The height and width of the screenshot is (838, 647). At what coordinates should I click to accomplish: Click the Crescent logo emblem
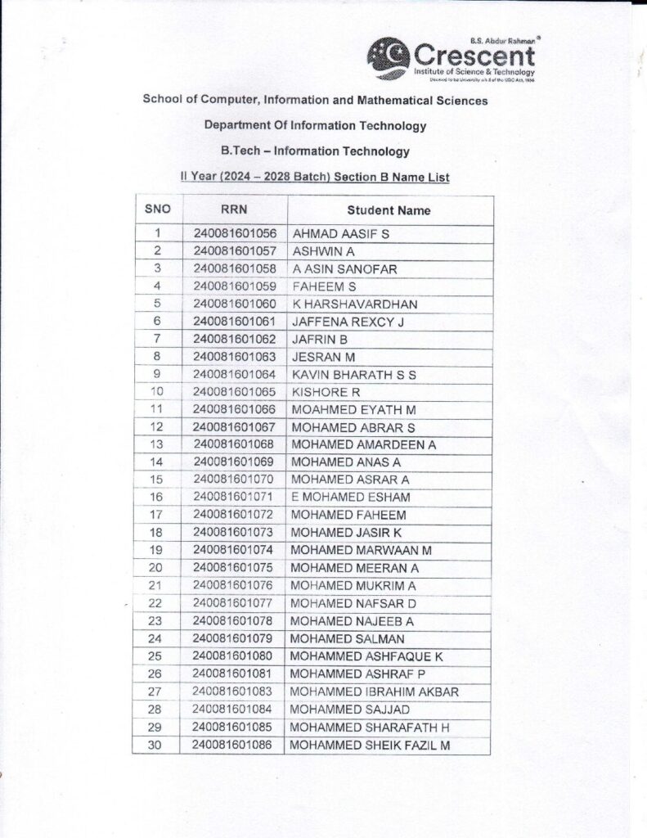389,57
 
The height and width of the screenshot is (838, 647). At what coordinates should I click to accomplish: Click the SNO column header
157,209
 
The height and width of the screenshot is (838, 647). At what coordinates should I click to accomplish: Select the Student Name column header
389,210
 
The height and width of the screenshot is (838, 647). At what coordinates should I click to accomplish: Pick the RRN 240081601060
235,304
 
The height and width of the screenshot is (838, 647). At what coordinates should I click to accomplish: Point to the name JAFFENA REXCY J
348,322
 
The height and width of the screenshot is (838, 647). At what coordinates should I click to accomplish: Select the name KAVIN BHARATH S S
354,374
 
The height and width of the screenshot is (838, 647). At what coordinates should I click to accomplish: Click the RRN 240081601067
235,427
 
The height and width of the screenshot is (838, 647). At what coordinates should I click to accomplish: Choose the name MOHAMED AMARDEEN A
363,444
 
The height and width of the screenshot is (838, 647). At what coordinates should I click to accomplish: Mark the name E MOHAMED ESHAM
351,497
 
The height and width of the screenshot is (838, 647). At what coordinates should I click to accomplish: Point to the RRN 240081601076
235,585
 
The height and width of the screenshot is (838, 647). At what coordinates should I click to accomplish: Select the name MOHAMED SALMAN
348,638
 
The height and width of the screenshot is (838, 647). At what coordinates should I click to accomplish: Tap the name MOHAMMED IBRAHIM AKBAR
374,692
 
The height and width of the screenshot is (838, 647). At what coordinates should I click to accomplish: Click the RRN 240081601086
235,745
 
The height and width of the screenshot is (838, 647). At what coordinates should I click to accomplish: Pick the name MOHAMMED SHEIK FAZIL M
370,745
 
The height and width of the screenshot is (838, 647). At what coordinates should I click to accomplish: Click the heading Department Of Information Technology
315,126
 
